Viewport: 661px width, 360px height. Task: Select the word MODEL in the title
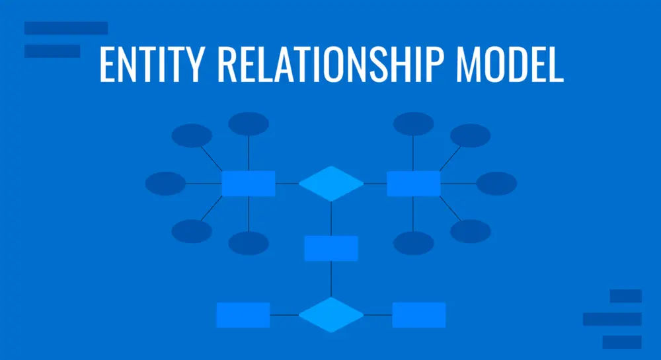coord(510,65)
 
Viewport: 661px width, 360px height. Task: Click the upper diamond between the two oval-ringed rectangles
coord(331,184)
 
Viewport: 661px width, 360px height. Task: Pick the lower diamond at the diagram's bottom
coord(331,315)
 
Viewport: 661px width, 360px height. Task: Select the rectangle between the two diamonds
coord(331,248)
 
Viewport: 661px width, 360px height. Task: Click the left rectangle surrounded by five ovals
coord(249,184)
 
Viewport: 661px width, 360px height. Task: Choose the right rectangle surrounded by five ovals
coord(414,184)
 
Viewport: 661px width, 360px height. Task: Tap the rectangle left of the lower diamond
coord(243,315)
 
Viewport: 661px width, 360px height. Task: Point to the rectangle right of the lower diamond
coord(419,315)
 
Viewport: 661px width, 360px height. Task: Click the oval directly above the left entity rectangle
coord(249,124)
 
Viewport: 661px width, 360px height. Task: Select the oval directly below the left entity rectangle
coord(249,243)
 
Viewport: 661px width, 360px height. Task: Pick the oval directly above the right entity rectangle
coord(414,124)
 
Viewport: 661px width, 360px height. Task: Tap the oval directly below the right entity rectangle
coord(414,243)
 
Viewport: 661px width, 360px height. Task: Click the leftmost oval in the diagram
coord(165,184)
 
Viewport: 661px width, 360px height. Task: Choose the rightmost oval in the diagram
coord(496,184)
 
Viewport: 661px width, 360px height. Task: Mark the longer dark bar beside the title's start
coord(66,28)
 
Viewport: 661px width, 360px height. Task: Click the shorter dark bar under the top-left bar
coord(52,51)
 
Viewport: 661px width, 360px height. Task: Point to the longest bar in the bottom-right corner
coord(612,319)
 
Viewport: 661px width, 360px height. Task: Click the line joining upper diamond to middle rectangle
coord(331,219)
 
